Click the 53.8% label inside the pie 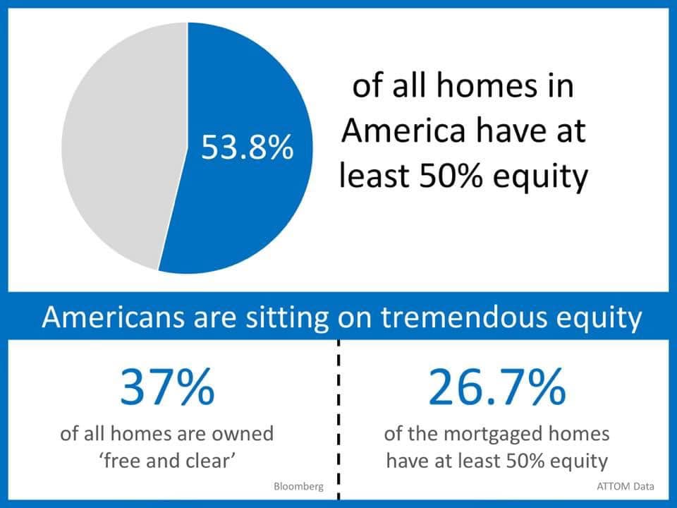[x=248, y=147]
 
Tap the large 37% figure [x=167, y=386]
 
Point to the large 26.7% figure [x=497, y=386]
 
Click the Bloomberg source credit [x=298, y=486]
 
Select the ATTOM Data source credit [x=626, y=486]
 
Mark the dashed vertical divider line [x=338, y=420]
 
